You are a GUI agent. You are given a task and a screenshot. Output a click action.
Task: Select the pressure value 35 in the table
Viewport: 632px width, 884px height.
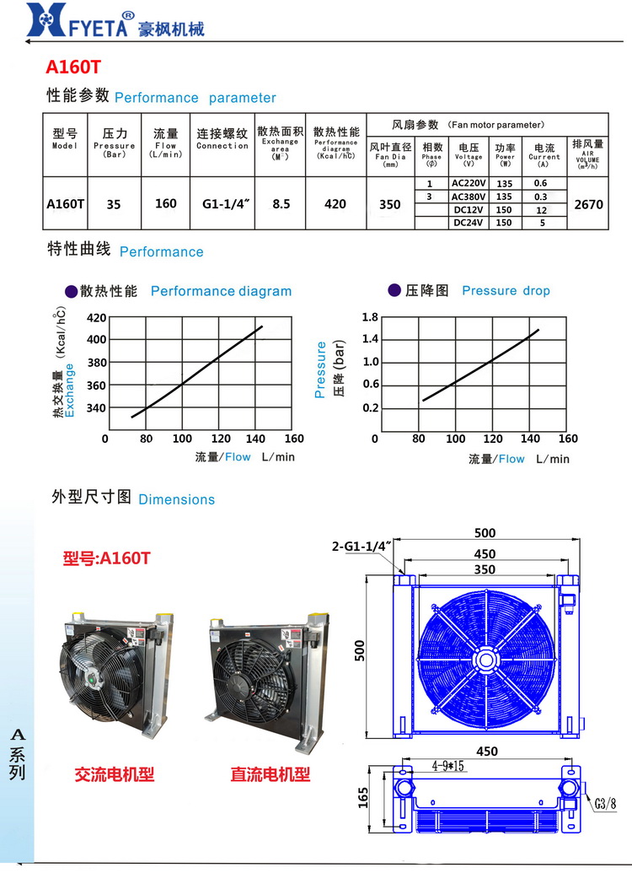(x=114, y=203)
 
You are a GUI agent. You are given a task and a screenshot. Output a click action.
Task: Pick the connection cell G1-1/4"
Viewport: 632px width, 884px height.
(x=222, y=203)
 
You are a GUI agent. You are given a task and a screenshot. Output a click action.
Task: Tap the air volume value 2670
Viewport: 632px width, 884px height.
(x=587, y=203)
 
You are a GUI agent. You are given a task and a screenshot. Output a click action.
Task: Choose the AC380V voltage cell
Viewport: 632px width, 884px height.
(x=469, y=197)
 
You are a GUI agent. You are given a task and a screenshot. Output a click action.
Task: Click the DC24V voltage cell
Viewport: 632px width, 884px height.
(x=469, y=223)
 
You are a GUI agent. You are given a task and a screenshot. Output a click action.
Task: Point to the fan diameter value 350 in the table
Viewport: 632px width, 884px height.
(x=390, y=203)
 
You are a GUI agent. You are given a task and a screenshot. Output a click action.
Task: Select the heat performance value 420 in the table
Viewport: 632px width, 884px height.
(x=335, y=203)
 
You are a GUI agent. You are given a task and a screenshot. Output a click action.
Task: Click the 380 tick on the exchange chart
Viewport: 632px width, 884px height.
(x=97, y=363)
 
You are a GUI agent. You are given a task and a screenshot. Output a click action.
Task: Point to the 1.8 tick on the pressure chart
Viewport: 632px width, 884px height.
(x=370, y=317)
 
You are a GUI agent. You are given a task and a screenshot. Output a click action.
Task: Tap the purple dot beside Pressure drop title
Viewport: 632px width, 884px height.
(x=394, y=290)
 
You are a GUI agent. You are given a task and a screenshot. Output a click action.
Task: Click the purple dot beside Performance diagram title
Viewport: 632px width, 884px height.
(x=71, y=291)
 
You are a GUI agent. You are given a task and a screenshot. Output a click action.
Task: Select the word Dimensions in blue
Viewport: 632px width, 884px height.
(x=176, y=499)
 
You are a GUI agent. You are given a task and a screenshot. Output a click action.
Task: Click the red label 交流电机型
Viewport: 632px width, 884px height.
(x=115, y=773)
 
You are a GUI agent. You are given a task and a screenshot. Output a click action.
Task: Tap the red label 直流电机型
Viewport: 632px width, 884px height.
(x=270, y=773)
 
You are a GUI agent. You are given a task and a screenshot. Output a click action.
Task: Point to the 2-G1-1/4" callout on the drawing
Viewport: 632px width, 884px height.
(x=363, y=547)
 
